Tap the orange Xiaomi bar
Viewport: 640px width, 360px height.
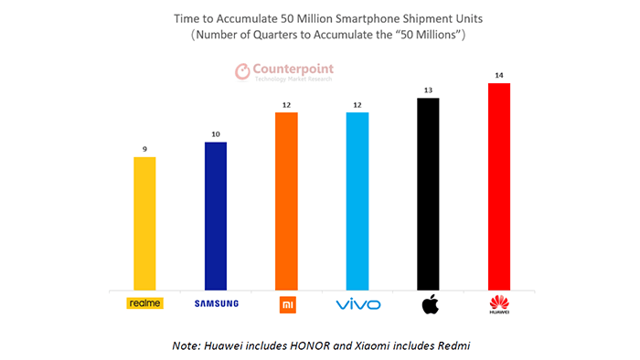click(x=286, y=199)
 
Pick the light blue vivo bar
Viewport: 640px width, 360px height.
click(x=357, y=199)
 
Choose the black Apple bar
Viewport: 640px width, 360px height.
click(x=428, y=192)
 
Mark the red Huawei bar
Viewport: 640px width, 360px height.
click(x=499, y=185)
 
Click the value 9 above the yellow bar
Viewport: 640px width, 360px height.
click(x=144, y=149)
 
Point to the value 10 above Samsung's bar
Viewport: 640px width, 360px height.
click(x=215, y=134)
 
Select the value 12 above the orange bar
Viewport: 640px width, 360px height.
click(x=286, y=105)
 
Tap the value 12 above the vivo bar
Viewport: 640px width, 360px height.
click(x=357, y=105)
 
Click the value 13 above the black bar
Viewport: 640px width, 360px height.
click(x=428, y=90)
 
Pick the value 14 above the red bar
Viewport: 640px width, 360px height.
click(x=499, y=76)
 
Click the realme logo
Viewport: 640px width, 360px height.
click(x=144, y=303)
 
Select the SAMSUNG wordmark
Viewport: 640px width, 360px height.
click(x=215, y=303)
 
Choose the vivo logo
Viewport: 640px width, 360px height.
click(x=357, y=303)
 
